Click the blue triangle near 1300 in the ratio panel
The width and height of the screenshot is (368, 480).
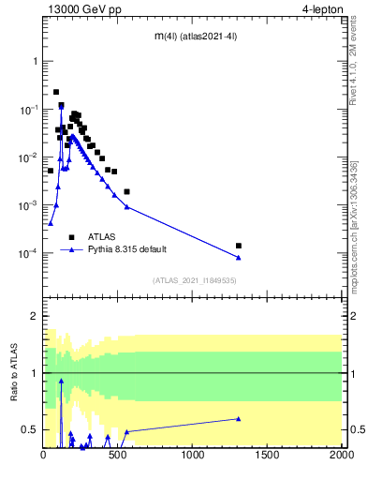pos(239,419)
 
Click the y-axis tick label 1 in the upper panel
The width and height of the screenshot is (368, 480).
pos(36,61)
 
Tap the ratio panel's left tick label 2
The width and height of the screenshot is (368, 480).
pos(36,317)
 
